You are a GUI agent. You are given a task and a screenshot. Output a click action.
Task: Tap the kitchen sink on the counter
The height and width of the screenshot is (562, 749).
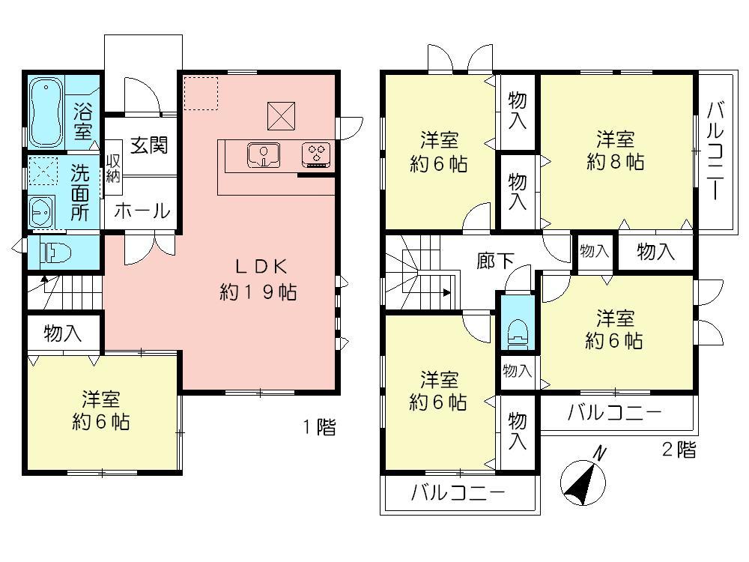click(x=263, y=155)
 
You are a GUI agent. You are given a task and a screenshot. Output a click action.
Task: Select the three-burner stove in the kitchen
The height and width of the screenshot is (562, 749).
click(x=315, y=154)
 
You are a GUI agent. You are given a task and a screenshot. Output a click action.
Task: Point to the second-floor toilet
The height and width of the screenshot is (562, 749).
click(x=518, y=330)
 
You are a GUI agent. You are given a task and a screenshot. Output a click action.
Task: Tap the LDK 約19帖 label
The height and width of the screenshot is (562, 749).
click(x=258, y=279)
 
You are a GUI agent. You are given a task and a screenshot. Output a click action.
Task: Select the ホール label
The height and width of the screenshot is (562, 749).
click(x=142, y=211)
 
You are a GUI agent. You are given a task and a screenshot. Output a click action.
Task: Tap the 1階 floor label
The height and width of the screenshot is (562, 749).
click(x=319, y=428)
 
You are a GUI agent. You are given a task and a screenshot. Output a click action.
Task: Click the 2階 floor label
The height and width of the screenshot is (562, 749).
click(x=679, y=450)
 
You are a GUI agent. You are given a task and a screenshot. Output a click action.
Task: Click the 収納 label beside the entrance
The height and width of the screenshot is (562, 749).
click(x=113, y=168)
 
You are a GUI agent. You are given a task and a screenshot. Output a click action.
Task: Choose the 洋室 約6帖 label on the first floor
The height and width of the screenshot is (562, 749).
click(x=101, y=411)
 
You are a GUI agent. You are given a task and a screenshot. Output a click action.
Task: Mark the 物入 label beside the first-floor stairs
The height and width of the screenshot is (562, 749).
click(x=63, y=333)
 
